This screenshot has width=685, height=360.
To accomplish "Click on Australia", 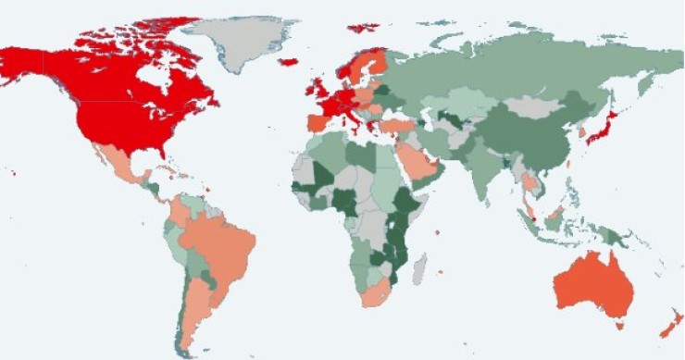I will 592,287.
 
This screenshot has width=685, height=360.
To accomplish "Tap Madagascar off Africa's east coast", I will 418,268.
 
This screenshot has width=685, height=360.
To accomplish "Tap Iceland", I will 288,62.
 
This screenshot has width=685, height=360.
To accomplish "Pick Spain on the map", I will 317,123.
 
